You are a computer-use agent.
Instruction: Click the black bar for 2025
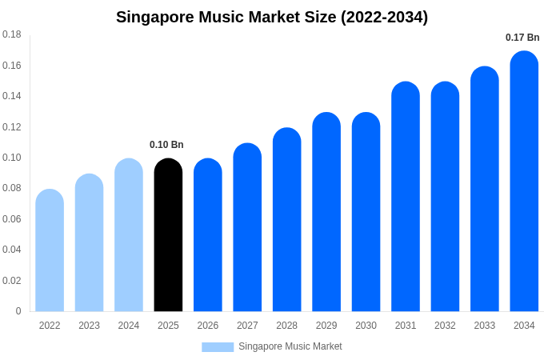coord(168,235)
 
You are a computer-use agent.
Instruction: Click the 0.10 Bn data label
coord(166,145)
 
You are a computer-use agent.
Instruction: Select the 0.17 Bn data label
coord(522,38)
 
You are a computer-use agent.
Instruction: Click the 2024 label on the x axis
coord(129,326)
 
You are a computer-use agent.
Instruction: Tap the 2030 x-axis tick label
coord(366,326)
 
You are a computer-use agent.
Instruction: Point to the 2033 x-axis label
coord(485,326)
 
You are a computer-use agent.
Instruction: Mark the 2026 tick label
coord(208,326)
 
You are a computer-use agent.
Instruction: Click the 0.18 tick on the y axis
coord(12,34)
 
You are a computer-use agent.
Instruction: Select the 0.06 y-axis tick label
coord(12,219)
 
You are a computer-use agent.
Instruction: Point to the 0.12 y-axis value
coord(12,127)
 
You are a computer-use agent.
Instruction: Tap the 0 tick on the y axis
coord(18,311)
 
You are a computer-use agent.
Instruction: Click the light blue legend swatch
coord(218,347)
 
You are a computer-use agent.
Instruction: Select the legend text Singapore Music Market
coord(290,346)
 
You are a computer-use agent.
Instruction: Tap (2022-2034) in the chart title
coord(384,17)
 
